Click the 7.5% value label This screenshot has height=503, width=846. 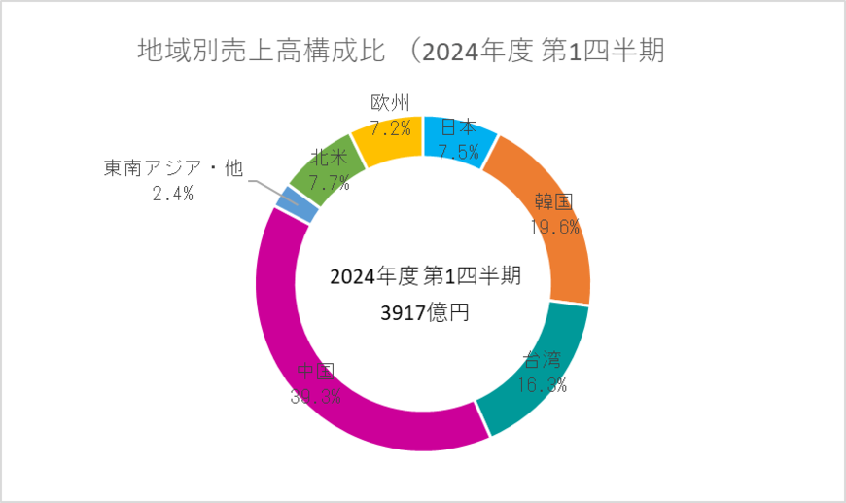click(458, 150)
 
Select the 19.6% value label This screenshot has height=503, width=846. click(554, 228)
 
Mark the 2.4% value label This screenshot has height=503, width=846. click(172, 194)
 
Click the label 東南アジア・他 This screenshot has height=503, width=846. click(172, 169)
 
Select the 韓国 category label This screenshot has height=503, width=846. click(553, 203)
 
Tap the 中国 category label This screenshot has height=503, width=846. click(315, 372)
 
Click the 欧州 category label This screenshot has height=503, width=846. click(391, 103)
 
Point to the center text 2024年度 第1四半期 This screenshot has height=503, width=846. click(425, 276)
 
